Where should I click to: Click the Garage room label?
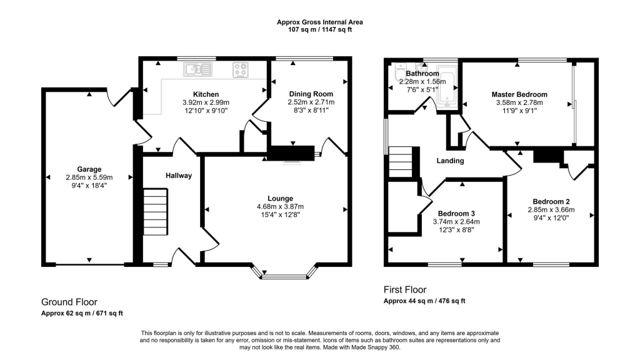[89, 169]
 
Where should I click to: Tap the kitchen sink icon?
[197, 69]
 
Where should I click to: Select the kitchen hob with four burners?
[241, 70]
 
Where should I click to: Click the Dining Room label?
[311, 94]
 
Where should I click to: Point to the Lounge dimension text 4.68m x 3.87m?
[280, 206]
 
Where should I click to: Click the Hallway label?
[178, 176]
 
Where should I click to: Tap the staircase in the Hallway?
[156, 211]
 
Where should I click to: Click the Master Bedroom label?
[519, 94]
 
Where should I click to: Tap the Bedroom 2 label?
[551, 201]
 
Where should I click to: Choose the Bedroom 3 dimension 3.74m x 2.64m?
[456, 222]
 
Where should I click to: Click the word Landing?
[450, 161]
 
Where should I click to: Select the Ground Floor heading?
[69, 302]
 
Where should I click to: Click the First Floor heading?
[405, 290]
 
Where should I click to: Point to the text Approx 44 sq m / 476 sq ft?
[424, 301]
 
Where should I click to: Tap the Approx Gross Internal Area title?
[319, 22]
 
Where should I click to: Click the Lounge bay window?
[284, 274]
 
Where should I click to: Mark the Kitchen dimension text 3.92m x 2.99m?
[206, 102]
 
